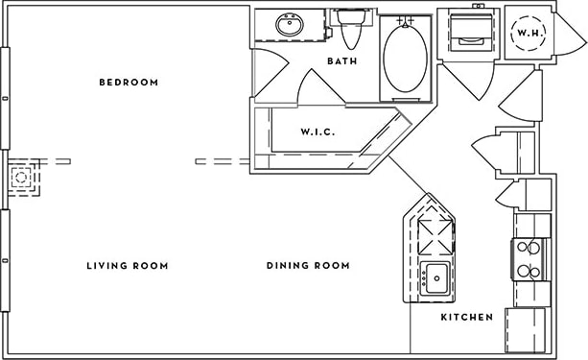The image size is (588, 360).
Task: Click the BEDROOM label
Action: tap(128, 83)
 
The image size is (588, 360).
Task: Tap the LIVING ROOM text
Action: tap(127, 266)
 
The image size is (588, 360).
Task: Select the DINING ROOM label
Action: tap(307, 266)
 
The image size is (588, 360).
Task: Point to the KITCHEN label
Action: tap(466, 317)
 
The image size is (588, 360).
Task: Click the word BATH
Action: tap(342, 61)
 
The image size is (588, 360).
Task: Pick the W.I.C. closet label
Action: tap(318, 132)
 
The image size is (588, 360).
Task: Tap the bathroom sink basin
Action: tap(289, 25)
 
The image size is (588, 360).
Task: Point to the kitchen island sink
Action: tap(435, 278)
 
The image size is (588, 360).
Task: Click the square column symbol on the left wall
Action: tap(21, 178)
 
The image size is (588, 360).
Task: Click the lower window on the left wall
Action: tap(6, 259)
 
